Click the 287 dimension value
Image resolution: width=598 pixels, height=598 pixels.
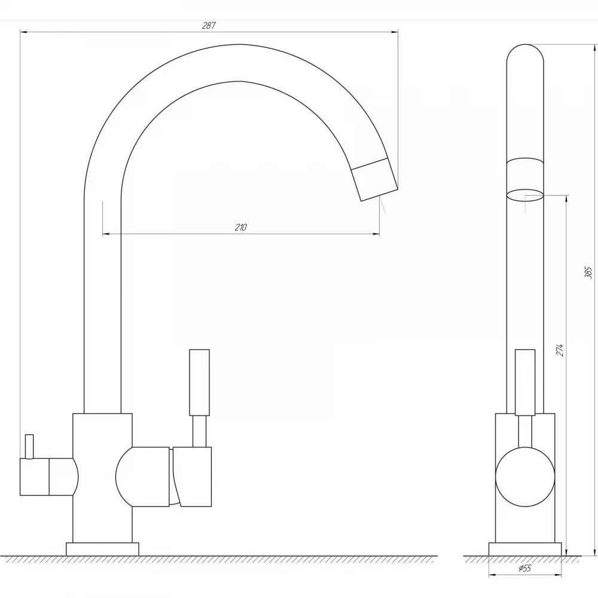tap(209, 26)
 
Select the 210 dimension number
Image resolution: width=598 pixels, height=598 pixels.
tap(240, 227)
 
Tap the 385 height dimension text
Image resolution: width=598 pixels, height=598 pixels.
tap(588, 273)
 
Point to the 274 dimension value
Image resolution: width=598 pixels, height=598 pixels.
tap(560, 350)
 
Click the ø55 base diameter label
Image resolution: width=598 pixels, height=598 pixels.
tap(525, 568)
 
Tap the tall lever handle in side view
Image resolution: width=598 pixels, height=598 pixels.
tap(200, 382)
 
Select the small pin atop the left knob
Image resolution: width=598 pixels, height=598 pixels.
tap(29, 446)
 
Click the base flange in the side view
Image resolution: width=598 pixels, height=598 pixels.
tap(103, 549)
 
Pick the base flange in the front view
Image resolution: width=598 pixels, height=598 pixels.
tap(525, 549)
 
